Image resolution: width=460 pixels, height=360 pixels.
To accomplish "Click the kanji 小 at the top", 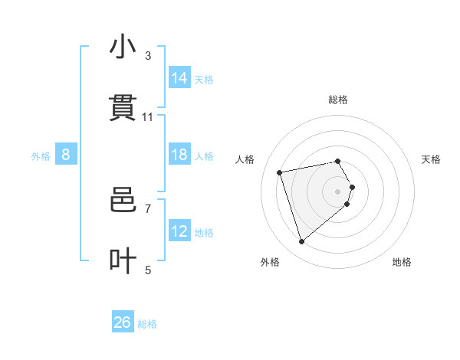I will click(x=123, y=47).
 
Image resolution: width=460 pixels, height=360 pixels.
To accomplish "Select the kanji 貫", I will click(x=123, y=108).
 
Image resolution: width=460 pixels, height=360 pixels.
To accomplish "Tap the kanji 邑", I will click(x=123, y=200).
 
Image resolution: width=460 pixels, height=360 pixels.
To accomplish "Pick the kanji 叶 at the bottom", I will click(x=123, y=260).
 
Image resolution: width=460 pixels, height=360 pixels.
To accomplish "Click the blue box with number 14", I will click(x=179, y=77).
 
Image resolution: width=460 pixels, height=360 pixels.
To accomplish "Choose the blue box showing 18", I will click(x=179, y=154).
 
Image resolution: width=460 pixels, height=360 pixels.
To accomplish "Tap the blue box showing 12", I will click(x=179, y=231).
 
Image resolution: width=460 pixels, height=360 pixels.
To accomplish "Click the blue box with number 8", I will click(x=66, y=154).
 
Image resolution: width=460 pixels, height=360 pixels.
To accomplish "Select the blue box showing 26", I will click(x=123, y=322).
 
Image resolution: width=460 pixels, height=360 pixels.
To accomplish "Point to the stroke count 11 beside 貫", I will click(x=148, y=117).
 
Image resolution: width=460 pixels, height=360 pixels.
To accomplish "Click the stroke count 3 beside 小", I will click(x=148, y=56).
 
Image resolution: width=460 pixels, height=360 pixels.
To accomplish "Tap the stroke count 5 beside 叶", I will click(x=148, y=270).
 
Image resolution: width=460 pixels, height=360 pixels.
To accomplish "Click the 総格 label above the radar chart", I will click(x=338, y=100).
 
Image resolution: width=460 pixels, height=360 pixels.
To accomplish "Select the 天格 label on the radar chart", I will click(x=432, y=159).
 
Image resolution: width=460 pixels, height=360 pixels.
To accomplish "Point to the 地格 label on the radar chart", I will click(x=402, y=262).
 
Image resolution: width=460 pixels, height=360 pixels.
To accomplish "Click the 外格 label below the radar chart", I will click(x=270, y=262).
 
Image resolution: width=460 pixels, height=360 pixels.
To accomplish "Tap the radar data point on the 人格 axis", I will click(x=280, y=172).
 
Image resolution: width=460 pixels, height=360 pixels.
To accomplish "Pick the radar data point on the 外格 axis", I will click(x=302, y=242).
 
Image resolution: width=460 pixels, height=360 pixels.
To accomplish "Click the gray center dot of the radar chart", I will click(x=338, y=191).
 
